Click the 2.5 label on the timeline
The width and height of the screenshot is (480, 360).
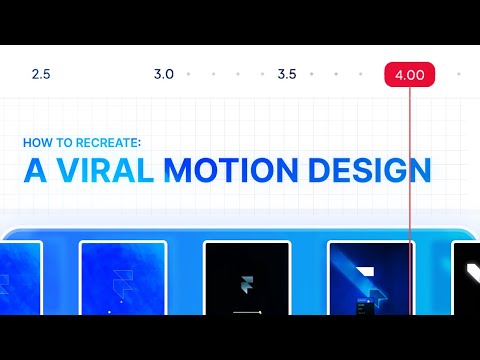pos(41,75)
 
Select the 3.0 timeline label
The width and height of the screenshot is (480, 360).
pos(164,75)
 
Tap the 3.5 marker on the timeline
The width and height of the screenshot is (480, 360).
pos(287,75)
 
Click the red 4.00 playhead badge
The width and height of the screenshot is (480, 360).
pos(409,75)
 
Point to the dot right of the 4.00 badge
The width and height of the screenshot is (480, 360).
pos(458,74)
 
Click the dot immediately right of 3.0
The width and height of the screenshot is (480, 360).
pos(188,74)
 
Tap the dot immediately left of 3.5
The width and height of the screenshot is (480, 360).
pos(262,74)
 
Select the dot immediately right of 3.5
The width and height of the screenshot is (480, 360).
pos(311,74)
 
